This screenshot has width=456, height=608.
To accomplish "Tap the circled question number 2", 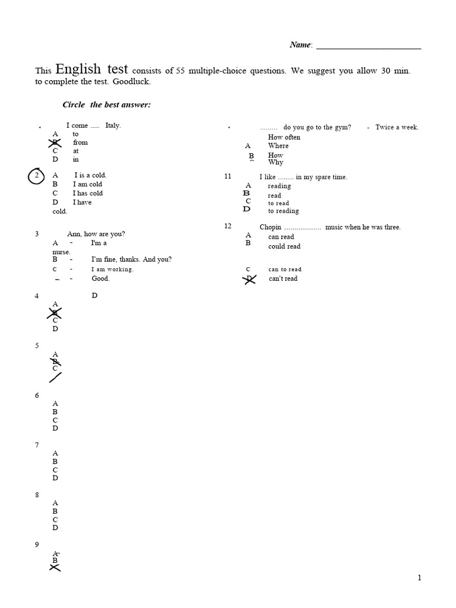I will coord(37,176).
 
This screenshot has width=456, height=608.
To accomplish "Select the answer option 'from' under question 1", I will coord(80,142).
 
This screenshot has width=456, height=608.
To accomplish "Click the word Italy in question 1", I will coord(113,125).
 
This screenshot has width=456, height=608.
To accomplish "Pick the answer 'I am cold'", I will coord(88,184).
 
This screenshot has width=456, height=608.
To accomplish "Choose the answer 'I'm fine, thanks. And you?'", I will coord(131,259).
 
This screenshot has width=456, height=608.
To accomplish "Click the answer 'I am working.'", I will coord(112,269).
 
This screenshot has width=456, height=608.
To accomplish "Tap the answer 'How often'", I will coord(284,137).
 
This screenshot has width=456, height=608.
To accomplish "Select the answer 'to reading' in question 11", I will coord(283,211).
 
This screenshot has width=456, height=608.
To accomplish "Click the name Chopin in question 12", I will coord(270,227).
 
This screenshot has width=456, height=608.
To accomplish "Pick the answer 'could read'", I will coord(284,246).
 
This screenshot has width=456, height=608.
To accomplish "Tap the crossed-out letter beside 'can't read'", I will coord(250,278).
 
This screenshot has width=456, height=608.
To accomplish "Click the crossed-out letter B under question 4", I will coord(55,312).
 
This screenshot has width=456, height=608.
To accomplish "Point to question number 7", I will coord(37,445).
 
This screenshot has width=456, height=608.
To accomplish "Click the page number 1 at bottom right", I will coord(419,578).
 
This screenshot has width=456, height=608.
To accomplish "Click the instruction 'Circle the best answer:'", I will coord(107,104).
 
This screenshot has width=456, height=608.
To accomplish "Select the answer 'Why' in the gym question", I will coord(275,162).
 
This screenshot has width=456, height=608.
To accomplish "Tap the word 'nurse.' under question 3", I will coord(61,252).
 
